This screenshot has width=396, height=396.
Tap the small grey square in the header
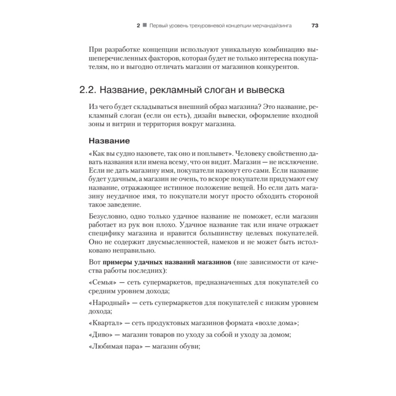point(145,25)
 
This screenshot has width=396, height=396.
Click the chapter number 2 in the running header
point(138,25)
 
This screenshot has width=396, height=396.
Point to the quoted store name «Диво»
point(99,335)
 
